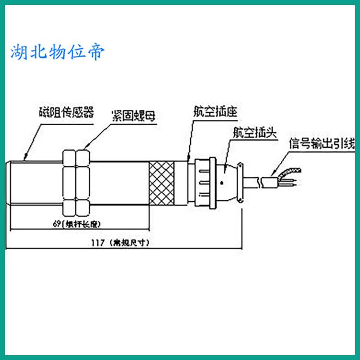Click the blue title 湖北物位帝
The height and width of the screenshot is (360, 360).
(x=57, y=52)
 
